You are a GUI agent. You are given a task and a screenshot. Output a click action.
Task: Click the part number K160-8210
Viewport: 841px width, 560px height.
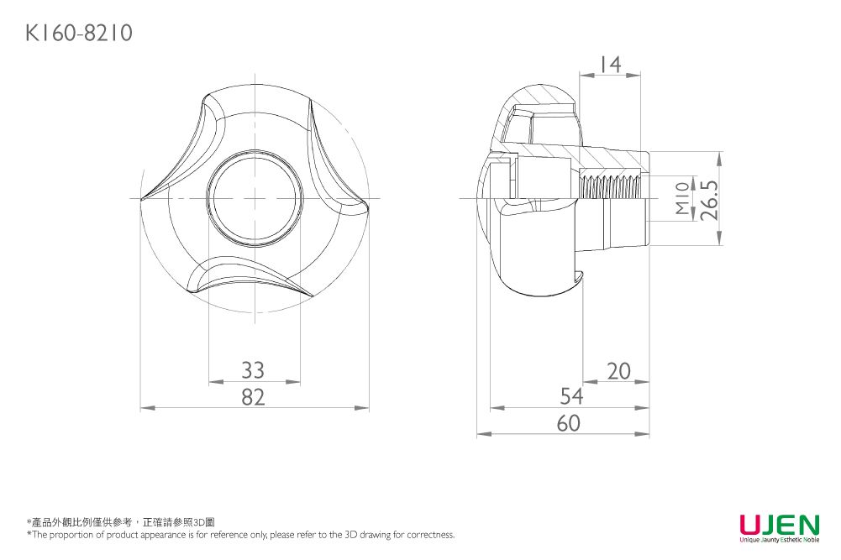pyautogui.click(x=79, y=34)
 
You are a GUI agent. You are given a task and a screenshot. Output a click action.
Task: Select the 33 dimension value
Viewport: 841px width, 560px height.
pyautogui.click(x=253, y=370)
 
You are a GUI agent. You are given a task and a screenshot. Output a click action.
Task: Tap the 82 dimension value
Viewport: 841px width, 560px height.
pyautogui.click(x=253, y=397)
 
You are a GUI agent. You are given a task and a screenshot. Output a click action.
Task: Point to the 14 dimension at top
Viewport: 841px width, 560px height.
pyautogui.click(x=610, y=65)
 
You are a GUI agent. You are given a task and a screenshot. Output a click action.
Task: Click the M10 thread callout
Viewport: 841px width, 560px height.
pyautogui.click(x=682, y=198)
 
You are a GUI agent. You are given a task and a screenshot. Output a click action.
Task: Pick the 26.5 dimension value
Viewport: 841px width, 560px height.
pyautogui.click(x=708, y=199)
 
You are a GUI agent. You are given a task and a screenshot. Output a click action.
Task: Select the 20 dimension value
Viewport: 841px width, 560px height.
pyautogui.click(x=618, y=371)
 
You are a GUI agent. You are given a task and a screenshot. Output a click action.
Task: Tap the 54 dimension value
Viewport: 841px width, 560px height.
pyautogui.click(x=571, y=396)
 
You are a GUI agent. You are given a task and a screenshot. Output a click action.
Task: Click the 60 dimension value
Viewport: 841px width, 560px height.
pyautogui.click(x=569, y=423)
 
